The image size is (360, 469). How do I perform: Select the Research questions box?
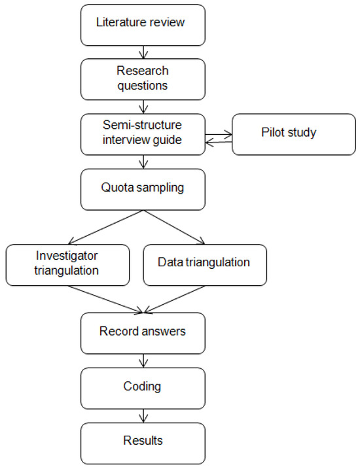click(142, 78)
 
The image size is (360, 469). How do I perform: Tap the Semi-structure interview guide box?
click(142, 133)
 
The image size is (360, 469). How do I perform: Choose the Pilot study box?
click(293, 133)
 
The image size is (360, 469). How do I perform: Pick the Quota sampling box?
click(142, 188)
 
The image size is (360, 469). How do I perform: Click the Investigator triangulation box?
click(67, 265)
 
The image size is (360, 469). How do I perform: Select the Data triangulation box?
click(204, 264)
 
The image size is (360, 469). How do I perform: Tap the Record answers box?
click(142, 332)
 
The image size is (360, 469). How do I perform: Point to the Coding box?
click(142, 387)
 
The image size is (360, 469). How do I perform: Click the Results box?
click(142, 442)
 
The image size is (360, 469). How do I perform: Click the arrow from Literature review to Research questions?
click(142, 50)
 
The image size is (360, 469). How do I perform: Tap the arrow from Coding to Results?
click(142, 414)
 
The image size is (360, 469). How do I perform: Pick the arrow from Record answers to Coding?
click(142, 359)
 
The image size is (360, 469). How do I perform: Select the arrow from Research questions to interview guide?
click(142, 105)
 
